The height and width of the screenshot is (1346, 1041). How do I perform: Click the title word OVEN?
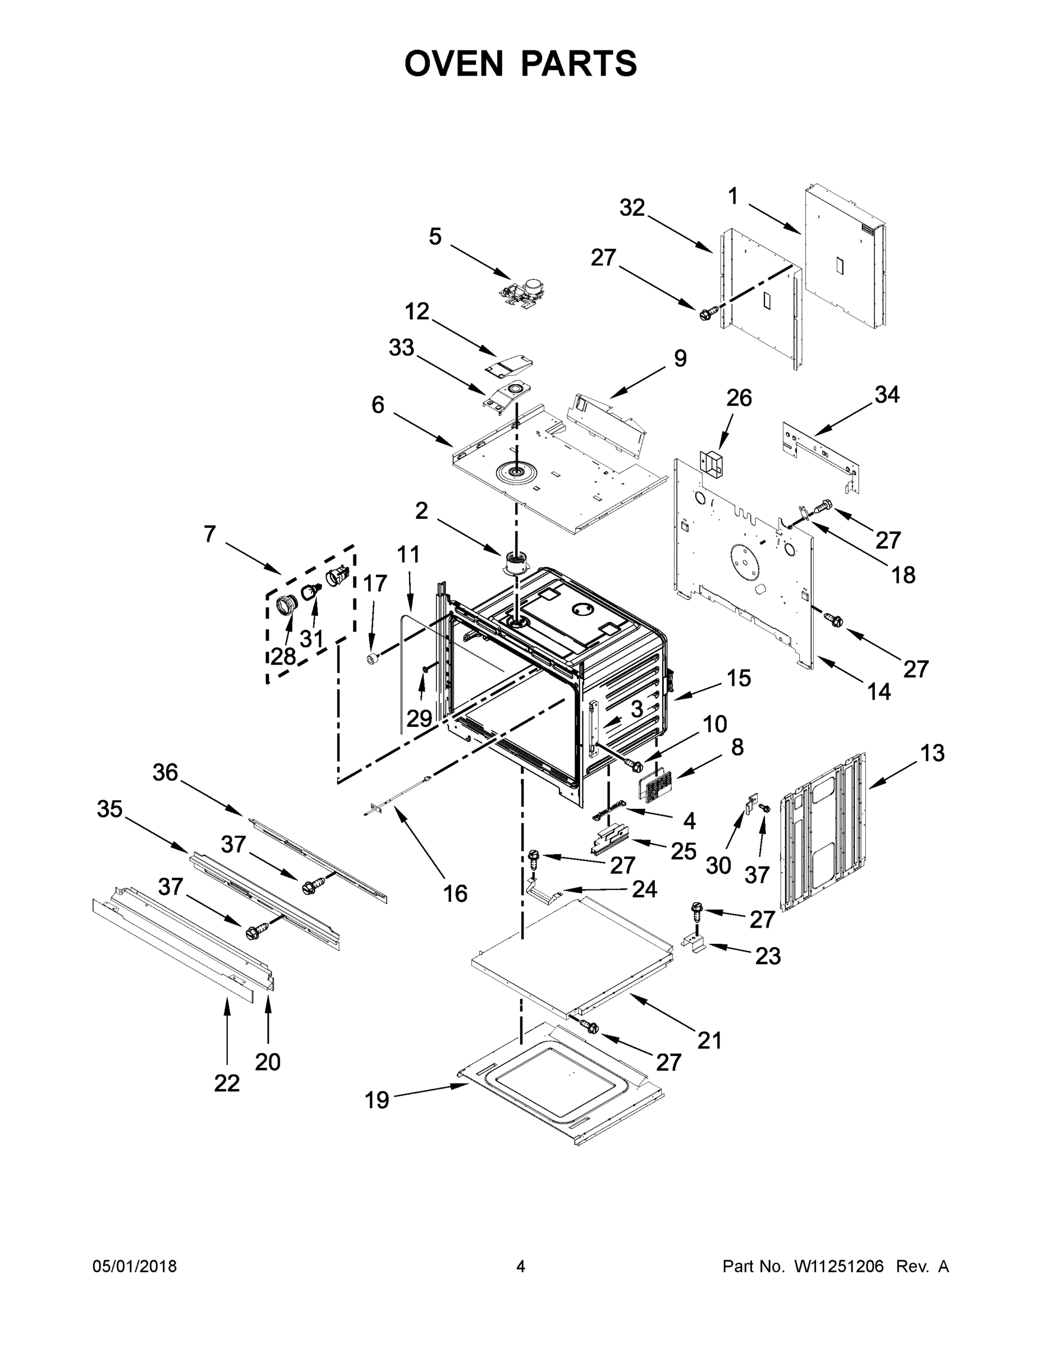(x=454, y=63)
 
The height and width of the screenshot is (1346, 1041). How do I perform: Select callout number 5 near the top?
(x=435, y=237)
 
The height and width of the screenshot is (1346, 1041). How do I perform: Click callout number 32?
(x=632, y=208)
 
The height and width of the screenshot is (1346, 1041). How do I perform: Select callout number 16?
(x=455, y=893)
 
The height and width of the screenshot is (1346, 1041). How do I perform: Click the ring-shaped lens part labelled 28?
(x=286, y=605)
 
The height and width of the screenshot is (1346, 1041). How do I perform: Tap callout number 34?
(x=887, y=394)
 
